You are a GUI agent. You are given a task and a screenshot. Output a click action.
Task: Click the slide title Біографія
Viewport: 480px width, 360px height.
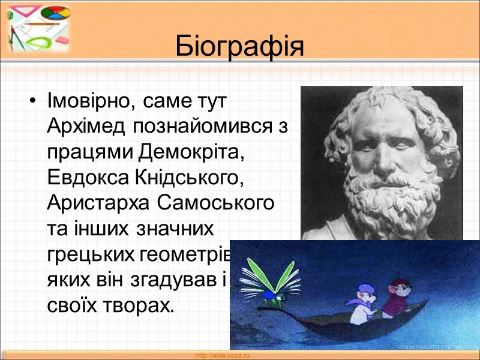tap(240, 46)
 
